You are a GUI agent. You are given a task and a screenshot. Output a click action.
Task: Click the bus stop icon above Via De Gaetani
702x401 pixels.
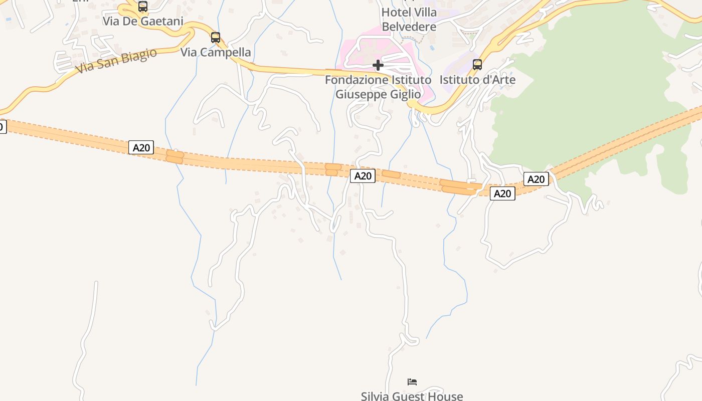click(x=143, y=7)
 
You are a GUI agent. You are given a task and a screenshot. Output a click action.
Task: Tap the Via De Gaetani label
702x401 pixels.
click(x=143, y=21)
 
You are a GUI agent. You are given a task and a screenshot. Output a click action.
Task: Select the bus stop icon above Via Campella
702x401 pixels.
click(x=216, y=37)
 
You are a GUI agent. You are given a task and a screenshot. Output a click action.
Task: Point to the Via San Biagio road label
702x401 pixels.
click(x=116, y=61)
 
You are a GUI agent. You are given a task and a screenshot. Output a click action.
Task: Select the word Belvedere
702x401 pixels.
click(x=409, y=27)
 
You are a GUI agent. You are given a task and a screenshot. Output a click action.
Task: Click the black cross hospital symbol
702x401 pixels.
click(x=378, y=65)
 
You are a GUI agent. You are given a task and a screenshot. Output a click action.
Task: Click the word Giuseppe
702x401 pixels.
click(x=361, y=94)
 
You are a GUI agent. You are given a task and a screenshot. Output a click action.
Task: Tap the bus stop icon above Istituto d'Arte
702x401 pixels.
click(x=477, y=65)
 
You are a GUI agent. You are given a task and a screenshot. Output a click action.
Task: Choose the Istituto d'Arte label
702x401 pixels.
click(x=477, y=80)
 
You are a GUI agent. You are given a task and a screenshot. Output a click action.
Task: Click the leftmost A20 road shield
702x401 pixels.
click(x=141, y=147)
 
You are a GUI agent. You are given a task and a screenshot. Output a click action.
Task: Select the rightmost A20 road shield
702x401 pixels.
click(x=536, y=179)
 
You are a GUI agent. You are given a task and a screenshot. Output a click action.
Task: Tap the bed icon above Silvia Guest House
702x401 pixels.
click(x=412, y=382)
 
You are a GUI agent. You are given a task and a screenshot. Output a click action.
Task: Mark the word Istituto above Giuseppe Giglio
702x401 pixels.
click(x=412, y=80)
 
